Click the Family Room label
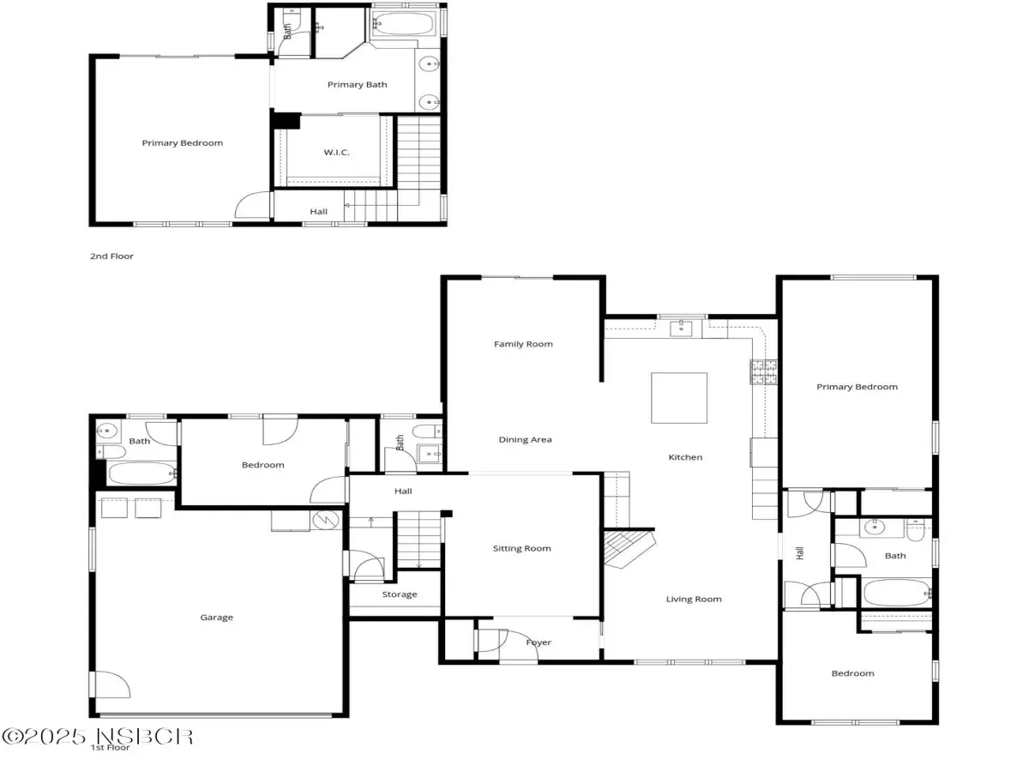pos(523,344)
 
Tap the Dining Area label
pos(525,440)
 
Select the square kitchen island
pos(679,398)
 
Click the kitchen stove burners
pos(764,372)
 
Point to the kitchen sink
pos(681,329)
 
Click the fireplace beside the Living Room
pos(629,547)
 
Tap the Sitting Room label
pos(521,548)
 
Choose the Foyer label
pos(539,642)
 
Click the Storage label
pos(400,594)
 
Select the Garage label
pos(217,618)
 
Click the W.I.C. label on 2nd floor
pos(337,153)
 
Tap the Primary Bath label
pos(358,85)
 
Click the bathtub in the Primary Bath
pos(404,23)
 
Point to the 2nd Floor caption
pos(111,256)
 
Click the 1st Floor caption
pos(110,747)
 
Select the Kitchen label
pos(685,457)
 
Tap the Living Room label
pos(694,599)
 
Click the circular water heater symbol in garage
pos(326,520)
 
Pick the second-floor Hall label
pos(318,212)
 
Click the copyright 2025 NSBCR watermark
pos(98,737)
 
